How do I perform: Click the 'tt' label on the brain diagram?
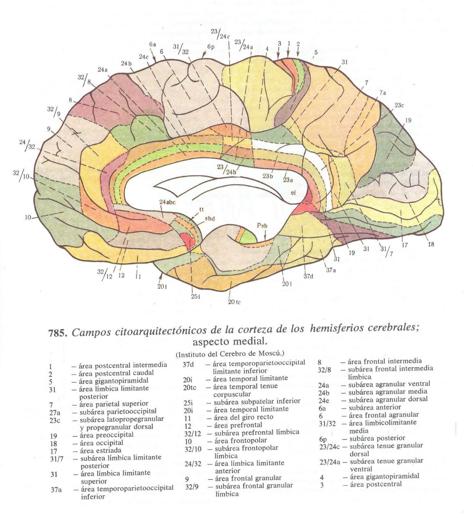[201, 209]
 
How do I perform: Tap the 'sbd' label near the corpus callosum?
[210, 219]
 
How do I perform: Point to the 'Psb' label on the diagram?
[262, 226]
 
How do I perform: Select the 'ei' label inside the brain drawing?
[293, 193]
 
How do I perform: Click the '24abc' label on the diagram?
[168, 202]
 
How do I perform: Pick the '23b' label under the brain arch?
[267, 176]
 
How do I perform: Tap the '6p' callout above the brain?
[211, 47]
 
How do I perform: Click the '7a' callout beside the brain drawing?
[382, 93]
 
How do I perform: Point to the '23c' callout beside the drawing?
[399, 105]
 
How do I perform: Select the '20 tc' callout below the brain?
[234, 302]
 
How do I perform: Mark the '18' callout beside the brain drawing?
[431, 244]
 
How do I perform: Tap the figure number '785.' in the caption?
[58, 333]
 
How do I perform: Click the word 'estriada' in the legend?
[108, 450]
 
